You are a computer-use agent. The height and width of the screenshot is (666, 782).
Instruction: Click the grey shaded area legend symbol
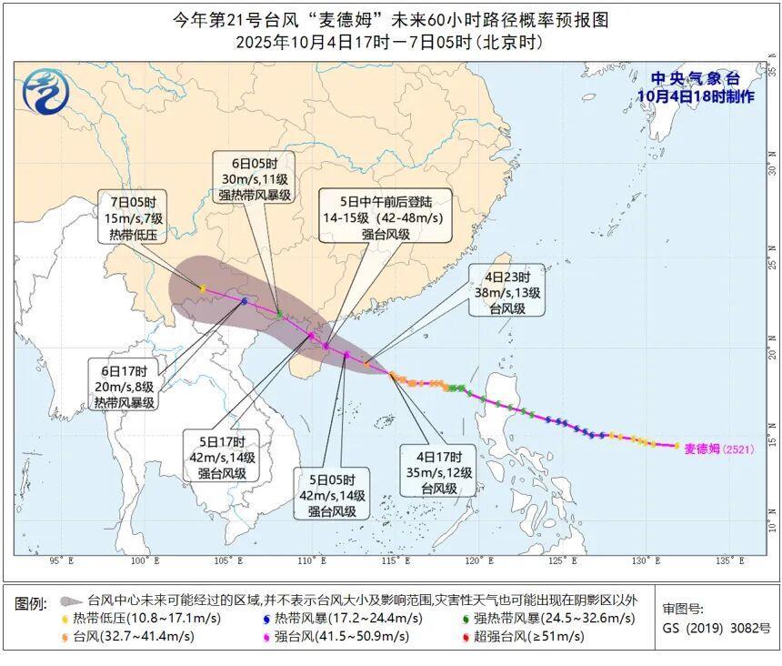tap(72, 601)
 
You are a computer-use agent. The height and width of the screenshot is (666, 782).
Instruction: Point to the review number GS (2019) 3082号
tap(716, 628)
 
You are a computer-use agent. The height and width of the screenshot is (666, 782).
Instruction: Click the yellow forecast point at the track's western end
tap(202, 288)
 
